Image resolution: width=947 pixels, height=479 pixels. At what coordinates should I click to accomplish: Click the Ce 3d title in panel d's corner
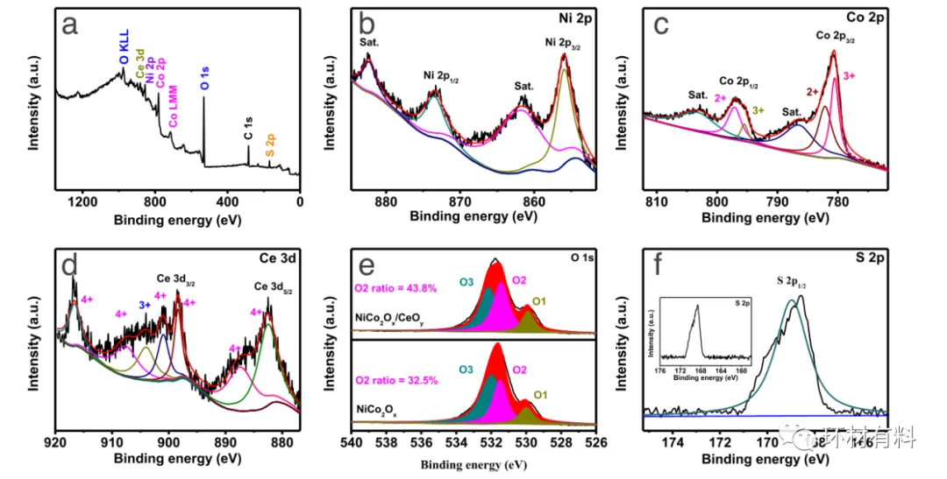(x=284, y=258)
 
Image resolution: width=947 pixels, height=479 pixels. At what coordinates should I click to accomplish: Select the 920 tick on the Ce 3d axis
(x=55, y=442)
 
